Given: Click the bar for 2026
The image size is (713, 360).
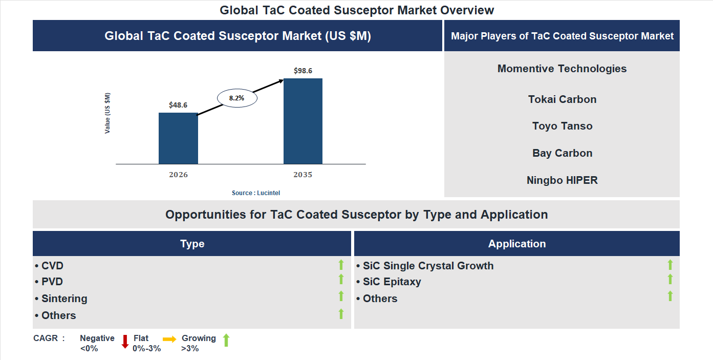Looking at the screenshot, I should [178, 138].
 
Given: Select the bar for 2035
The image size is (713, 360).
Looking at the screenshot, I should [303, 121].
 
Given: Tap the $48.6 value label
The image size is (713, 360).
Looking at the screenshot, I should [178, 105].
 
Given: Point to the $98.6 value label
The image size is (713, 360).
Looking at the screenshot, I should [303, 71].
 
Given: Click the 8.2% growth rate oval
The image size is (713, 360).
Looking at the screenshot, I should [237, 98].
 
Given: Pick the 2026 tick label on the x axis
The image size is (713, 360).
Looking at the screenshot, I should [178, 175].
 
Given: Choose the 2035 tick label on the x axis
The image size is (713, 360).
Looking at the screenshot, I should [303, 175].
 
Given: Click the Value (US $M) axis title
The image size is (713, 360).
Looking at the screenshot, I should [107, 113].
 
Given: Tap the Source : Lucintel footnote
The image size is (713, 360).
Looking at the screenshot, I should [256, 193].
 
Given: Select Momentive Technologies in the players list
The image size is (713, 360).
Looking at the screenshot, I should [562, 69].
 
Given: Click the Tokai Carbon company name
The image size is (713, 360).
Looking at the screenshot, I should [562, 99].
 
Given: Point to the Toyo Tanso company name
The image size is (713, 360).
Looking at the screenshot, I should [562, 126].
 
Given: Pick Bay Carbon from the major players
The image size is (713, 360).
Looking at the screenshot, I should [562, 153].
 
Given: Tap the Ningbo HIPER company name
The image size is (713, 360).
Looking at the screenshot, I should [562, 180].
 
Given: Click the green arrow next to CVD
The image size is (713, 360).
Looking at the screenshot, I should [341, 265].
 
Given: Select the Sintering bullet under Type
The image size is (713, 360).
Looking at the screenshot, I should [61, 299].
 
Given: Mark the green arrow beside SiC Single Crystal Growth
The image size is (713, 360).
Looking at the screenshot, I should [670, 265].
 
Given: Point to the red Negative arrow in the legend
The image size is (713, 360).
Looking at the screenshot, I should [124, 342].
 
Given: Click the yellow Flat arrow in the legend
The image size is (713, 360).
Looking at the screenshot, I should [169, 339].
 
